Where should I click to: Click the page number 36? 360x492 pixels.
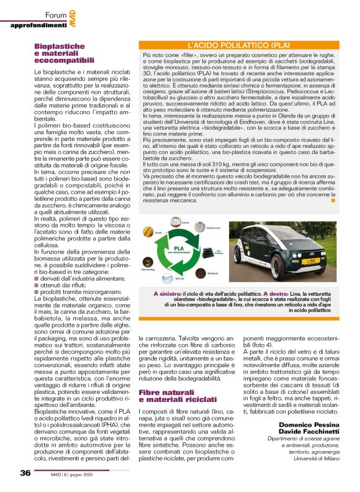click(x=25, y=473)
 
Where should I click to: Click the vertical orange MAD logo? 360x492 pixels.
click(x=73, y=18)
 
